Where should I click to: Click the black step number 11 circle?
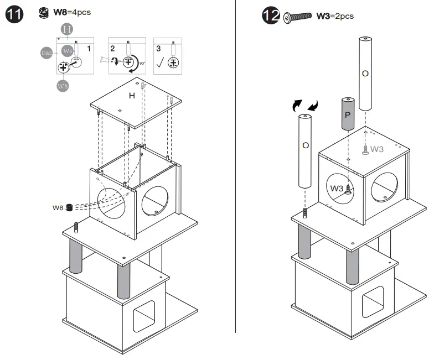click(14, 15)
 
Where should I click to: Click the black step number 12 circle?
click(271, 17)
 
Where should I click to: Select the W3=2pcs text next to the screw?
click(334, 16)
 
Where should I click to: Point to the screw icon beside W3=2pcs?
click(298, 17)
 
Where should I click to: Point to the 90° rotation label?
click(142, 64)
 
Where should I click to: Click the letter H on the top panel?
click(132, 96)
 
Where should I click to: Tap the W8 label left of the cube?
click(58, 208)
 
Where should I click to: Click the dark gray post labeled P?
click(347, 114)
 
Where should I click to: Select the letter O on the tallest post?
click(364, 73)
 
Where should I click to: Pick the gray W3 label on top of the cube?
click(377, 149)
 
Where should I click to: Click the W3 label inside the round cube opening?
click(337, 189)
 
